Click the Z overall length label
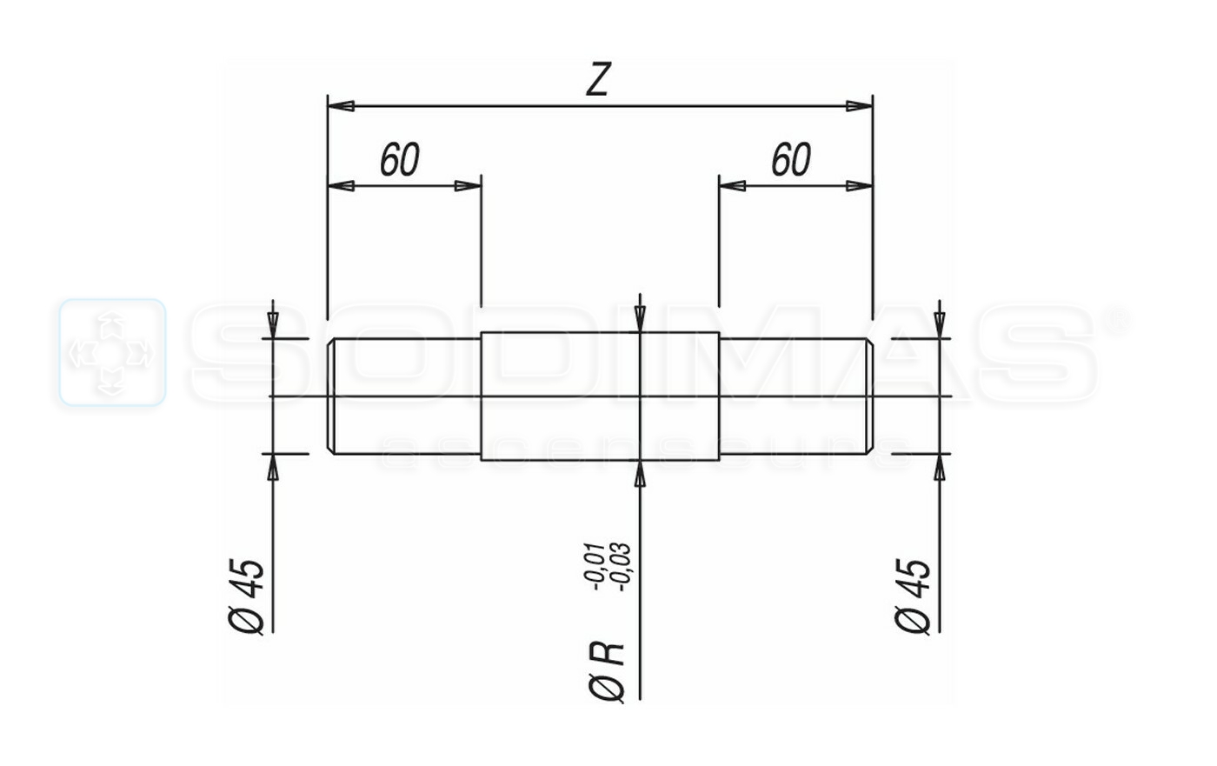click(x=597, y=80)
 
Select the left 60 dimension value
click(x=400, y=160)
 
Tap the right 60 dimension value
click(x=791, y=160)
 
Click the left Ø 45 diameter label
click(x=247, y=596)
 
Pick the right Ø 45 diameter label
click(x=914, y=596)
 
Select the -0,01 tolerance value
click(x=594, y=566)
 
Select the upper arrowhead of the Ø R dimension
click(x=641, y=320)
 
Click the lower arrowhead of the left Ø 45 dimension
click(x=273, y=466)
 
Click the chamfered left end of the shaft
click(x=331, y=396)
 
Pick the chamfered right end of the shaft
click(x=868, y=396)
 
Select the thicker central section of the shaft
click(x=600, y=396)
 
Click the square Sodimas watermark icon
click(x=112, y=353)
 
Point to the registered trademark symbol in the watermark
click(x=1119, y=320)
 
